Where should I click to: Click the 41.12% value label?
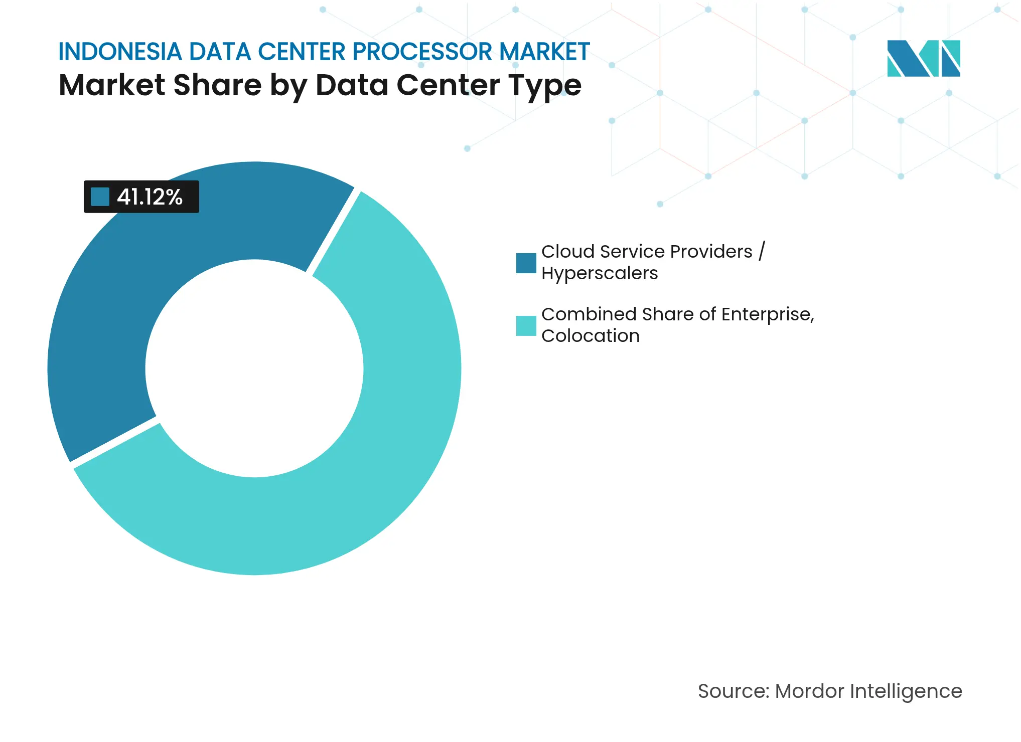(150, 197)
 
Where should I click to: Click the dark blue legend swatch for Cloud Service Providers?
(526, 263)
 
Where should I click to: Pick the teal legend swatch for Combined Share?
(526, 326)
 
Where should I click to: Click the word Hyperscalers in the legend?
(599, 274)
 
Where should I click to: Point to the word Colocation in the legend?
(590, 336)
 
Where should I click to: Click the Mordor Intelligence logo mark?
(923, 59)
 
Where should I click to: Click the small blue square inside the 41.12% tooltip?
(100, 197)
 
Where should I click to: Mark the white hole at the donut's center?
(254, 368)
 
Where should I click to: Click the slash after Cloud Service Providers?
(762, 251)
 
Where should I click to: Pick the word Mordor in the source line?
(809, 691)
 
